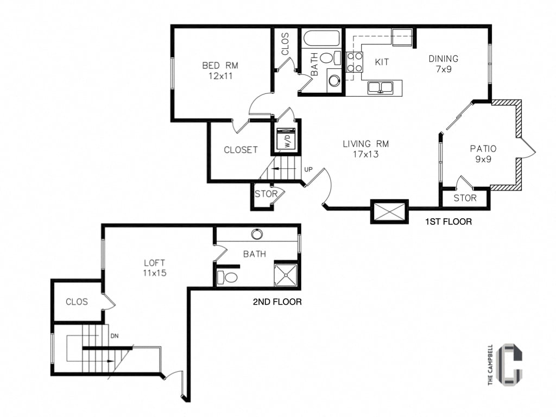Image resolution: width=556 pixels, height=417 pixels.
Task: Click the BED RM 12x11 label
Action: [x=220, y=71]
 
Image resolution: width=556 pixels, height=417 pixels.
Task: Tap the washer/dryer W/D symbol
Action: [x=286, y=139]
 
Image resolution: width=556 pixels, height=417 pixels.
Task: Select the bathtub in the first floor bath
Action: [x=321, y=39]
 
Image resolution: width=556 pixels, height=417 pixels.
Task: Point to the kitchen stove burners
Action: [x=355, y=62]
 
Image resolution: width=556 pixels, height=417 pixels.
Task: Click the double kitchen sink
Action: [x=381, y=87]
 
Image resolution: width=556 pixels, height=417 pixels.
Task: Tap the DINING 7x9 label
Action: [x=443, y=64]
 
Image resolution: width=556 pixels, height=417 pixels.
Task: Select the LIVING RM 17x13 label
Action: [x=365, y=149]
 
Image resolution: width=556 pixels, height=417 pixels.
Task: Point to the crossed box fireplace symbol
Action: [x=389, y=211]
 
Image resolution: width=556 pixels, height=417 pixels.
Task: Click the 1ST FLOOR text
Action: [x=449, y=222]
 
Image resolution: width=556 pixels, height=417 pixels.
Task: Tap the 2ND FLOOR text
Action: [x=277, y=302]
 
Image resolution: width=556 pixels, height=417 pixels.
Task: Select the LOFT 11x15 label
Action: [x=154, y=268]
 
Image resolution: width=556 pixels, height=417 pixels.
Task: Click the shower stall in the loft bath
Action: [x=286, y=275]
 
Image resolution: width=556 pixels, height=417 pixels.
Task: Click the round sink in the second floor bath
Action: [x=257, y=234]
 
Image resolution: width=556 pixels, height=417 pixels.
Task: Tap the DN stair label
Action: [x=115, y=336]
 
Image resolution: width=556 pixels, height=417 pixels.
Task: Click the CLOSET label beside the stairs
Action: [x=241, y=150]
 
